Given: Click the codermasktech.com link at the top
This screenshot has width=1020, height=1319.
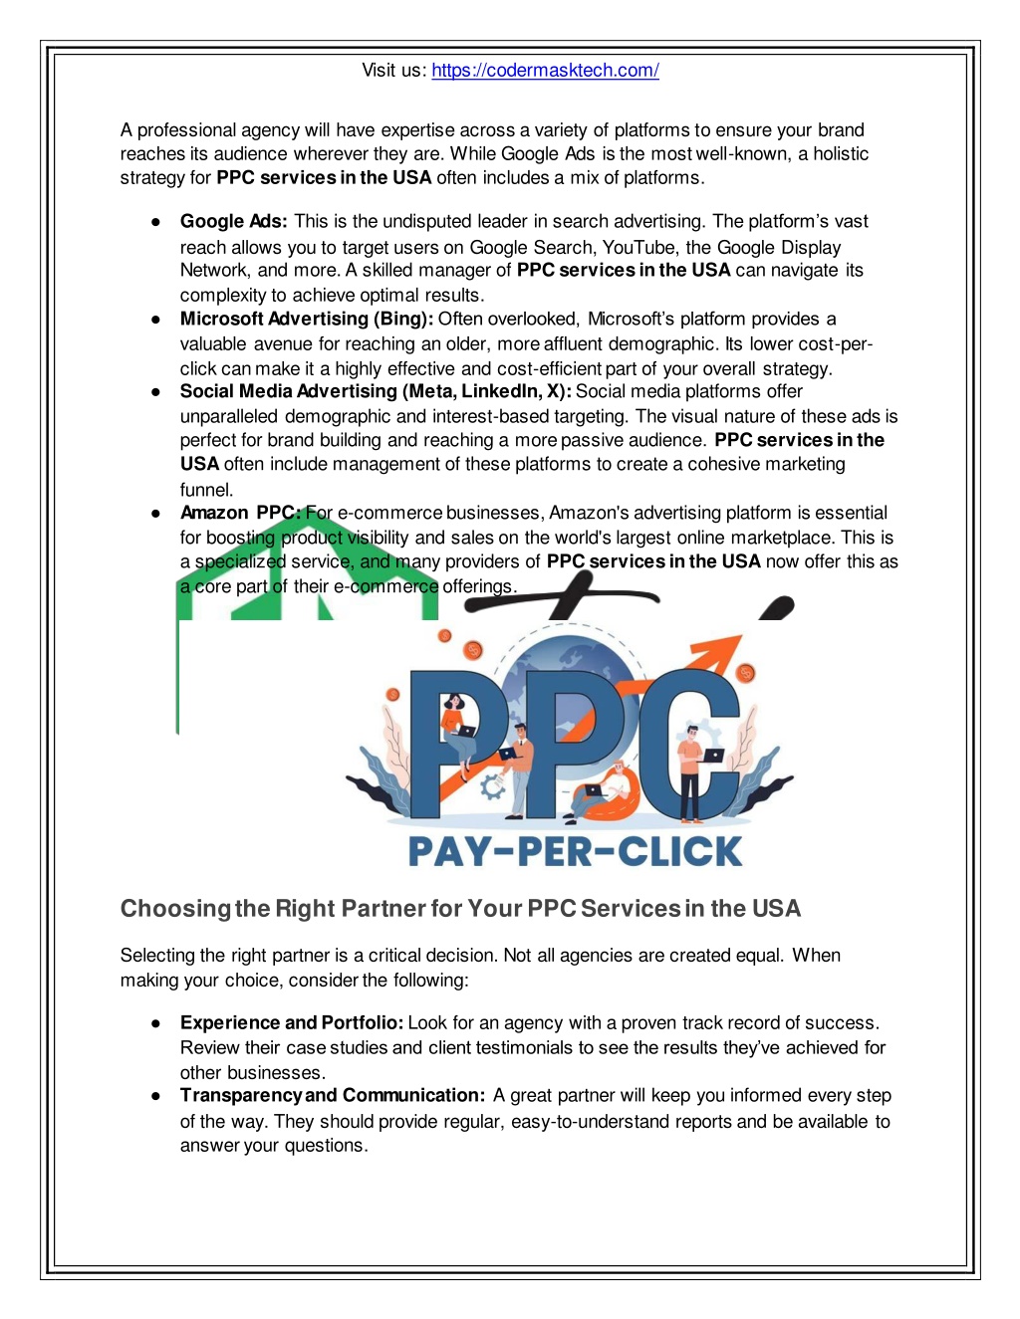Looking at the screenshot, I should [545, 71].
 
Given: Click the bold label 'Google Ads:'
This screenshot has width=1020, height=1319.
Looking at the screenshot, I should [233, 221].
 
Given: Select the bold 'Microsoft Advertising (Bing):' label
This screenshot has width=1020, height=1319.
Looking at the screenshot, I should [306, 319].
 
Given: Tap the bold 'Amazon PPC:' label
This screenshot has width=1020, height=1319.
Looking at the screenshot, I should [239, 513].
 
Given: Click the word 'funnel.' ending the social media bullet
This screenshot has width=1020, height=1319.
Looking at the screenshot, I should [206, 490].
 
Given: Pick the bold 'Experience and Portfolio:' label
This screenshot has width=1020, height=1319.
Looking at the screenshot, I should [291, 1022].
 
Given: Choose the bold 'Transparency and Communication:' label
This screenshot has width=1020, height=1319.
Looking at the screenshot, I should [333, 1095].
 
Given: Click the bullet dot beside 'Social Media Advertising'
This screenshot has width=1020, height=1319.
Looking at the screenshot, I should [156, 392].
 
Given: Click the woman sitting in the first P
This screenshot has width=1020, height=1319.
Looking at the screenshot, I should [457, 727].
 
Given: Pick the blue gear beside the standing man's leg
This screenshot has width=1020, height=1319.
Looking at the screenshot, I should [492, 786].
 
